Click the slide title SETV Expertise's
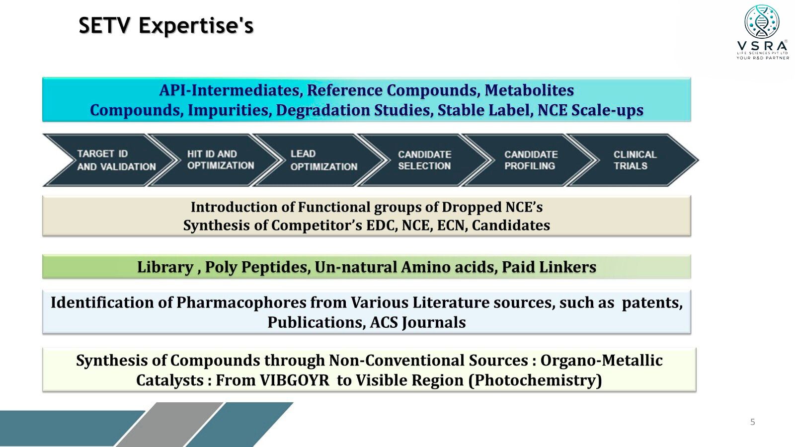166,25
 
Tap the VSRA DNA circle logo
762,21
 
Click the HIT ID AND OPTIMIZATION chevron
215,160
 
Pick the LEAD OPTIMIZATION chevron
319,160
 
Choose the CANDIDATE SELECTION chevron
424,160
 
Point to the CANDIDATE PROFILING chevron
529,160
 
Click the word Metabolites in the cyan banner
529,90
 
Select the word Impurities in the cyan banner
230,110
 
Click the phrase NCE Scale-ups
590,110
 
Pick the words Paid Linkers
549,267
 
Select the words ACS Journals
418,323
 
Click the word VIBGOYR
295,380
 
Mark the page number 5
752,422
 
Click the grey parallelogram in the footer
170,425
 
